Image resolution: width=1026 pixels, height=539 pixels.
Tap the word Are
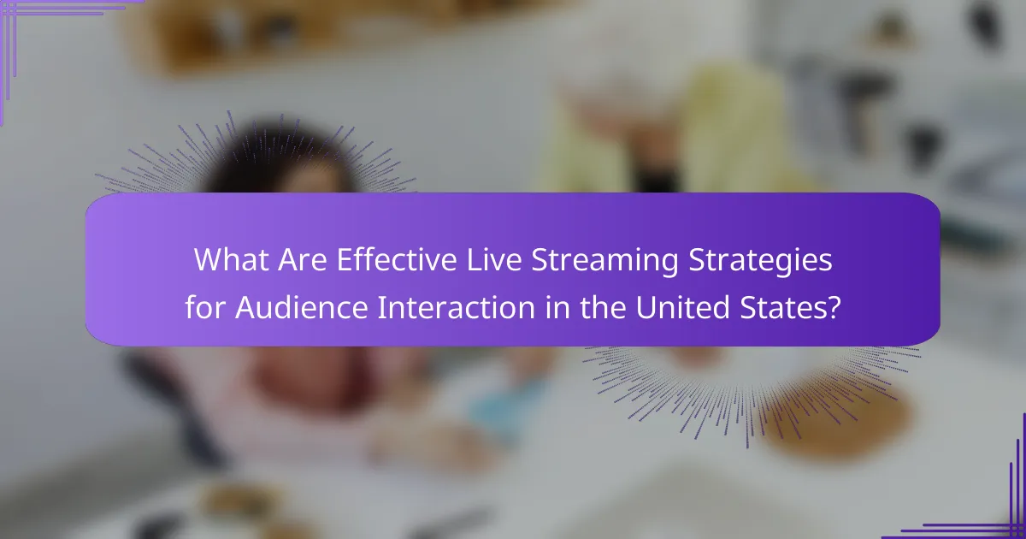(303, 260)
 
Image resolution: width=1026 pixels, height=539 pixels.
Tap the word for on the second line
(205, 306)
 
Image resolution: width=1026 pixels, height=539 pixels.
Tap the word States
(781, 306)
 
